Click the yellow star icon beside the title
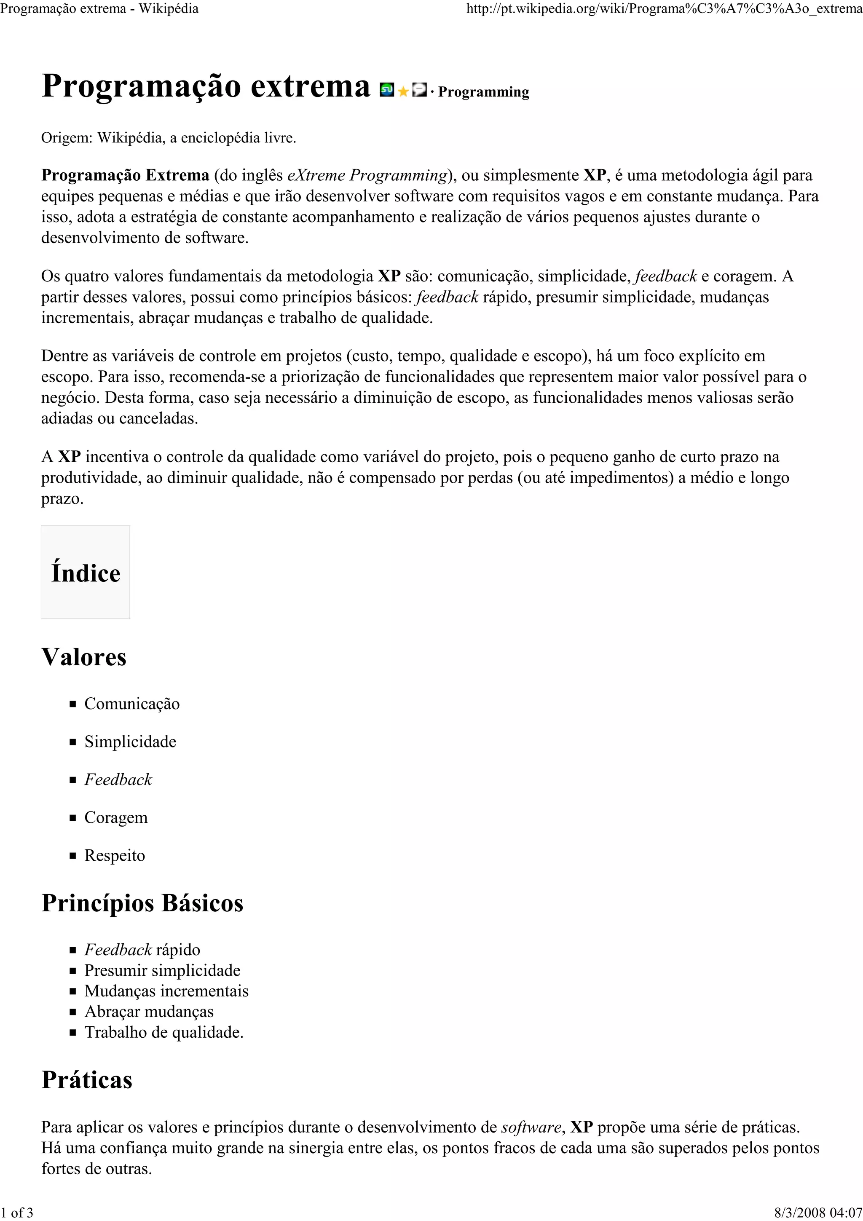click(402, 91)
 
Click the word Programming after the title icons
click(483, 92)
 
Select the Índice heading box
click(86, 573)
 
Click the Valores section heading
click(84, 657)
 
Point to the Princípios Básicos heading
click(142, 903)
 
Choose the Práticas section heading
click(87, 1079)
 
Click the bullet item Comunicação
click(132, 704)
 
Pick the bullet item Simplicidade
click(130, 742)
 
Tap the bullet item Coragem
click(116, 817)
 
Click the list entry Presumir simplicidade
click(162, 971)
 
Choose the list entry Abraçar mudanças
click(149, 1012)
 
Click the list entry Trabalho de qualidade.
click(164, 1032)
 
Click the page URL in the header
click(664, 9)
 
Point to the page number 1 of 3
click(16, 1213)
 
